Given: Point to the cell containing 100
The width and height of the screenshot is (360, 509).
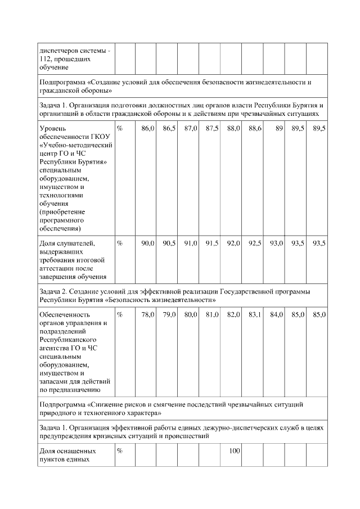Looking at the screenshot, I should (x=235, y=451).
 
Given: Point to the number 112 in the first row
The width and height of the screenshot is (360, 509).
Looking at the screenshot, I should (x=44, y=58).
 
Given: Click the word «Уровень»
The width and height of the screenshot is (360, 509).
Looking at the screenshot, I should (x=53, y=129).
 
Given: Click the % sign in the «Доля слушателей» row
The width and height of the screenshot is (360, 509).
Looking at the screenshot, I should (x=120, y=243).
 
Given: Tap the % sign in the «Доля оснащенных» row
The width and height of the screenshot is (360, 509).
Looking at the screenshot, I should (x=120, y=451).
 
